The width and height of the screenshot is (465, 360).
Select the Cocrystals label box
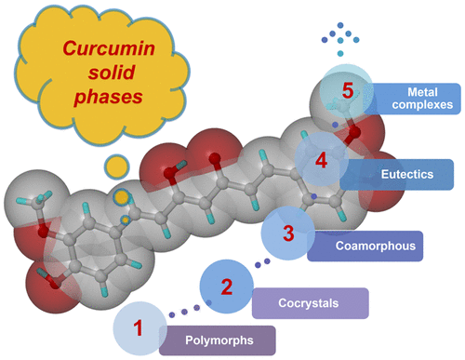(x=310, y=302)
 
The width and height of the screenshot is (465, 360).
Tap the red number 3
(x=288, y=233)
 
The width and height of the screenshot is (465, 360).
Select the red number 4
(x=321, y=160)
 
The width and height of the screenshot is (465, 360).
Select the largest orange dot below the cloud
(x=115, y=167)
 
